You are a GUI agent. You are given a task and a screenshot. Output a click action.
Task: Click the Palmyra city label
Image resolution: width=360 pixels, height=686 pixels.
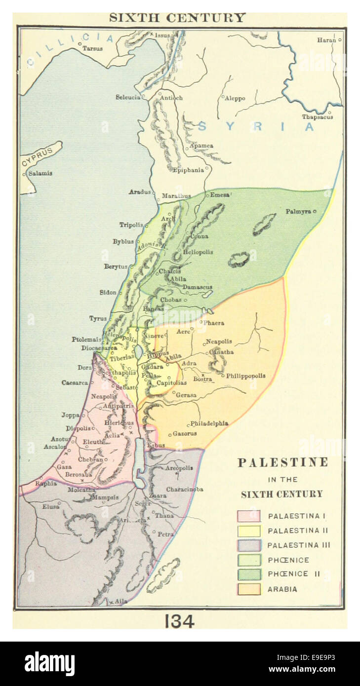coord(298,211)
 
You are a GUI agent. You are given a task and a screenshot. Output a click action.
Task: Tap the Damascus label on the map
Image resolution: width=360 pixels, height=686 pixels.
coord(197,287)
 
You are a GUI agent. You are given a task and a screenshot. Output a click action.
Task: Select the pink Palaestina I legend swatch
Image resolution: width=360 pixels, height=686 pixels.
coord(249,516)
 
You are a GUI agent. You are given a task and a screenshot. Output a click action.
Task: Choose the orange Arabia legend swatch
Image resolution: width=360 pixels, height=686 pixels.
coord(249,589)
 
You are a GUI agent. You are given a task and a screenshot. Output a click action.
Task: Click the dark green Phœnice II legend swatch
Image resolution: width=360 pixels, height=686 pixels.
coord(249,574)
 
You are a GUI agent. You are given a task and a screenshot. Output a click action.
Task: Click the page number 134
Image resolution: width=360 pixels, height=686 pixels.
coord(179,621)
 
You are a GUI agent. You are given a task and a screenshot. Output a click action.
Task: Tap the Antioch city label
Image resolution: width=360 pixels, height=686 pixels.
coord(171,98)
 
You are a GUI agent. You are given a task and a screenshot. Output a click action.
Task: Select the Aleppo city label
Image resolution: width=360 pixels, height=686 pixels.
coord(235,98)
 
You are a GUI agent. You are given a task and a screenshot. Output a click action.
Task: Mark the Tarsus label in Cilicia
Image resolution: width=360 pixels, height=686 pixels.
coord(92,48)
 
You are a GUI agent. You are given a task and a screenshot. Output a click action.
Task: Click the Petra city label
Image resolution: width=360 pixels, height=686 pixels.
coord(165,534)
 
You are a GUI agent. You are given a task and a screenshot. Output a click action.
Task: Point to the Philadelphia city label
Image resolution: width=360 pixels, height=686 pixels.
coord(209,423)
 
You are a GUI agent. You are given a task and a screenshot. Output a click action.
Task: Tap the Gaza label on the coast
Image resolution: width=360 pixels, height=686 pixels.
coord(64,466)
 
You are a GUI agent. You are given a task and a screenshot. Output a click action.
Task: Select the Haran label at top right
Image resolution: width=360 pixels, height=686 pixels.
coord(326,39)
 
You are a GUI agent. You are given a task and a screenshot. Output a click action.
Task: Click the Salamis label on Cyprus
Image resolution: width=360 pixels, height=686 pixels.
coord(40,173)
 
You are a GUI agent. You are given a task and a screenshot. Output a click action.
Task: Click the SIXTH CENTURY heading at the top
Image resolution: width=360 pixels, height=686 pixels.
coord(177,18)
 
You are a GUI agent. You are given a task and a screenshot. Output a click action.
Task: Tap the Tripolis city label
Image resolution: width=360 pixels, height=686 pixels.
coord(131,225)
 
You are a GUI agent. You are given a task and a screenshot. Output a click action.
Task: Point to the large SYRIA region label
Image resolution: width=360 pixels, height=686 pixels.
coord(256,126)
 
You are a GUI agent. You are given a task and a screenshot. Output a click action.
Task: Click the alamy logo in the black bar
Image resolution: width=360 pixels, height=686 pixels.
coord(49,664)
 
